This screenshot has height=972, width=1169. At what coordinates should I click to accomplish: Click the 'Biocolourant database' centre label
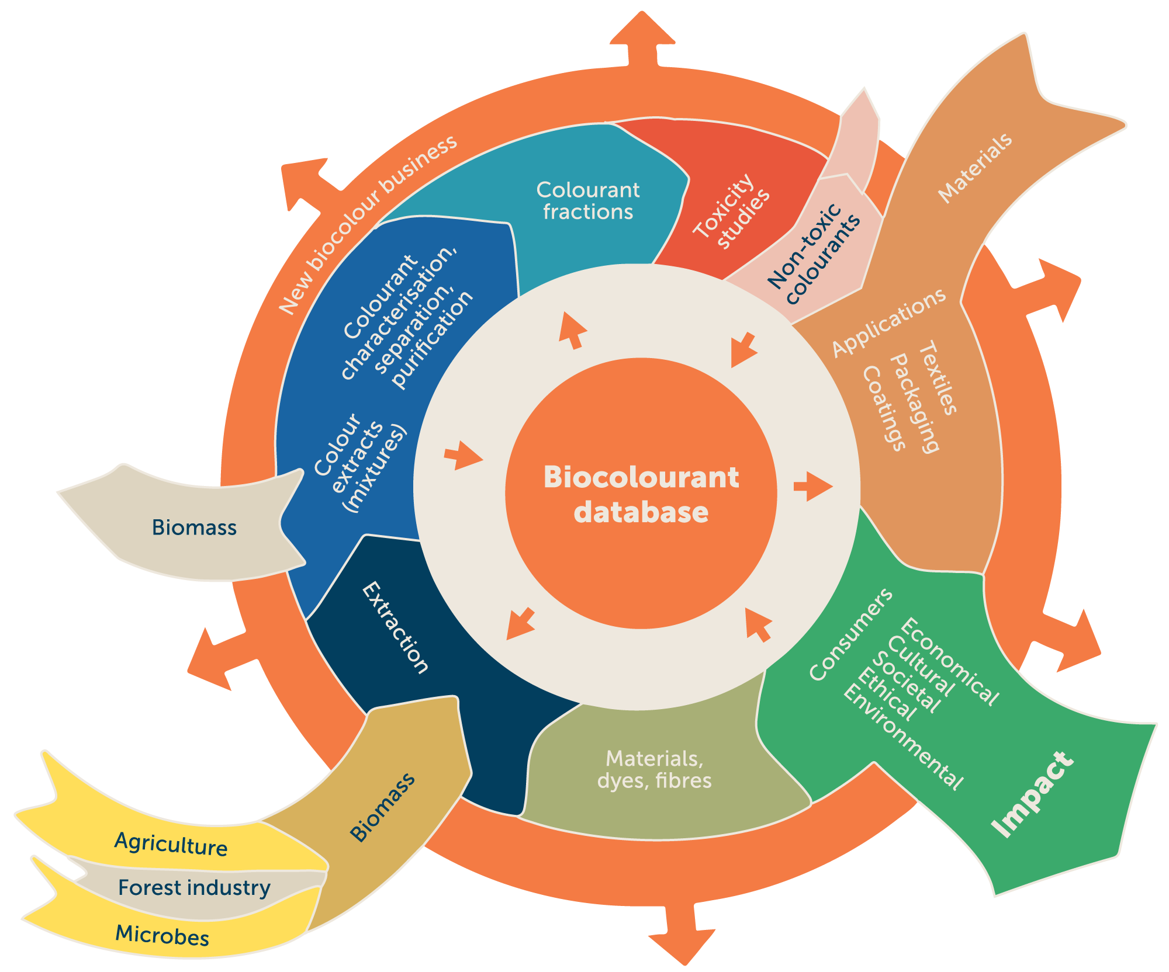point(641,494)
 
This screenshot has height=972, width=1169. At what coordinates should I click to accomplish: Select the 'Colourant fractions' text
point(588,200)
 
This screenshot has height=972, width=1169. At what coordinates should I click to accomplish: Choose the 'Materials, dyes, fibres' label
point(655,769)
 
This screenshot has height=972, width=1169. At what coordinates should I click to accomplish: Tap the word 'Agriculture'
point(171,844)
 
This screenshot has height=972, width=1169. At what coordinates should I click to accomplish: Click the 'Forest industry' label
point(194,888)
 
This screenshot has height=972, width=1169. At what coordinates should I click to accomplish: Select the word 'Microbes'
point(162,935)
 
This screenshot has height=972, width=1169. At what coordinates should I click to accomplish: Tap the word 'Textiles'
point(938,379)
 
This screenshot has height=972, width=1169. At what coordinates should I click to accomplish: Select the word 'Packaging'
point(914,403)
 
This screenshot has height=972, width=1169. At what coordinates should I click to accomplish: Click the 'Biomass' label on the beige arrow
point(194,527)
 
